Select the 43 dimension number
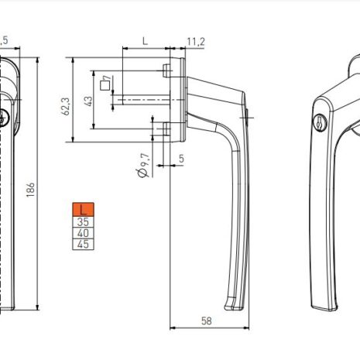click(x=89, y=101)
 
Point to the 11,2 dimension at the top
click(x=195, y=41)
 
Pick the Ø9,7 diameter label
click(x=143, y=164)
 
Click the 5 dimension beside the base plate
click(x=181, y=159)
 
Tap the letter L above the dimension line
click(x=144, y=41)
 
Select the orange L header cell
click(x=84, y=210)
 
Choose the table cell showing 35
click(x=84, y=221)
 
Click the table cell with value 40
click(x=84, y=232)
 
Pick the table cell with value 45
click(x=84, y=244)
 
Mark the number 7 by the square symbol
click(x=113, y=79)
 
